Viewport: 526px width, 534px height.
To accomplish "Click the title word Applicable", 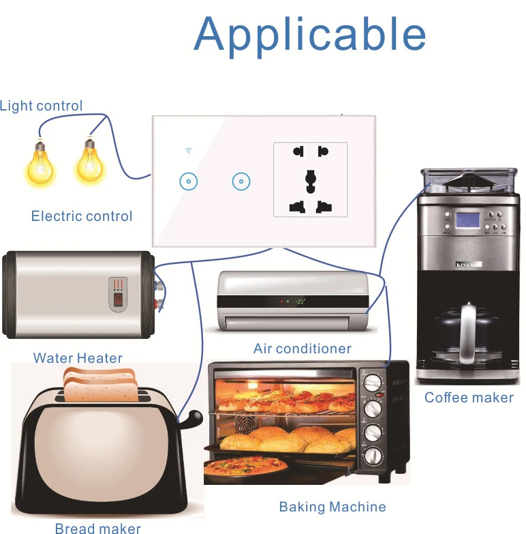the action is tap(310, 34).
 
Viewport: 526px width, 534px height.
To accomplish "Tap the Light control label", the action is tap(42, 106).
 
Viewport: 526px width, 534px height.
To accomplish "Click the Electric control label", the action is tap(82, 216).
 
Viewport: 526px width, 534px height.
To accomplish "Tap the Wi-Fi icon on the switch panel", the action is tap(188, 149).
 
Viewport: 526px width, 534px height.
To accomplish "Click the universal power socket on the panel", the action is tap(310, 179).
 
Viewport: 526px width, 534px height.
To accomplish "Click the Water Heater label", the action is tap(78, 358).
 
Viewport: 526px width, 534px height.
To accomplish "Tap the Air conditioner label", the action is tap(303, 348).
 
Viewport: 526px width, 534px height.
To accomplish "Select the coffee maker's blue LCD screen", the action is tap(467, 220).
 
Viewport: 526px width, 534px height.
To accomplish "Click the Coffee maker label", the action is tap(469, 398).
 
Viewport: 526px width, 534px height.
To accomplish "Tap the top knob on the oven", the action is tap(372, 383).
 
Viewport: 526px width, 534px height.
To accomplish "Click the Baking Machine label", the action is tap(332, 507).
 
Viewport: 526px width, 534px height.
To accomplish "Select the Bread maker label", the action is tap(98, 528).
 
